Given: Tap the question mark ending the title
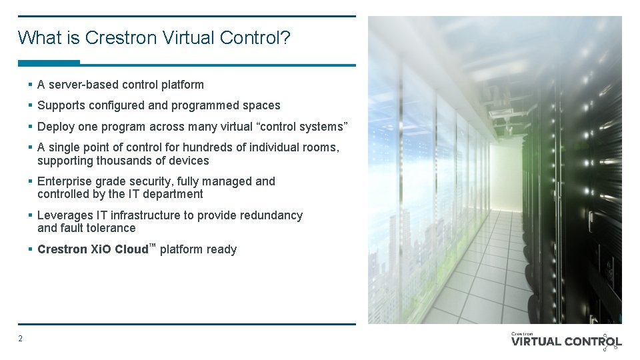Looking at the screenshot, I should (x=286, y=37).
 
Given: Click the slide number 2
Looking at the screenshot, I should (x=20, y=339).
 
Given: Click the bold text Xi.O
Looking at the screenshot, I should (x=102, y=249).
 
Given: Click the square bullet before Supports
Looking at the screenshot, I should (x=31, y=105).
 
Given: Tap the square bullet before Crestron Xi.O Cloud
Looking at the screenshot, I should (x=31, y=249).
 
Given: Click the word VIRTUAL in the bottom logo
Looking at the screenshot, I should (x=536, y=342).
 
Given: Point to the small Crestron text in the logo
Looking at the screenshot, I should (x=522, y=333).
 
